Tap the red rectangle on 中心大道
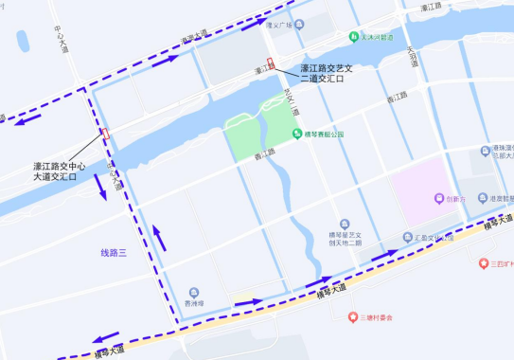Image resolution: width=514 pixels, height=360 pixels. tap(105, 134)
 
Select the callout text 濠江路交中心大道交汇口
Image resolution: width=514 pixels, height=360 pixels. tap(61, 171)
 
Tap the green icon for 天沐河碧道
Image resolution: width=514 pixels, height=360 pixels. tap(353, 39)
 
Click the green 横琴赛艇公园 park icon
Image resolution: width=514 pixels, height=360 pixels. tap(296, 134)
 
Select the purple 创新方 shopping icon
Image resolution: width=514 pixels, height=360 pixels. tap(438, 199)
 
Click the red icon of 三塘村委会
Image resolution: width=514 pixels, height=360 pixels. tap(352, 317)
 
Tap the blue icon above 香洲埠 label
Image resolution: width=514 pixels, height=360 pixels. tap(193, 292)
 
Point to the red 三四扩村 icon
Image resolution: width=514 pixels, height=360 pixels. tap(484, 262)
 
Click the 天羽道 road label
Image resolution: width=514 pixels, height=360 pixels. tap(412, 61)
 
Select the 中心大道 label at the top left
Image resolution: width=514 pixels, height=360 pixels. tap(62, 39)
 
